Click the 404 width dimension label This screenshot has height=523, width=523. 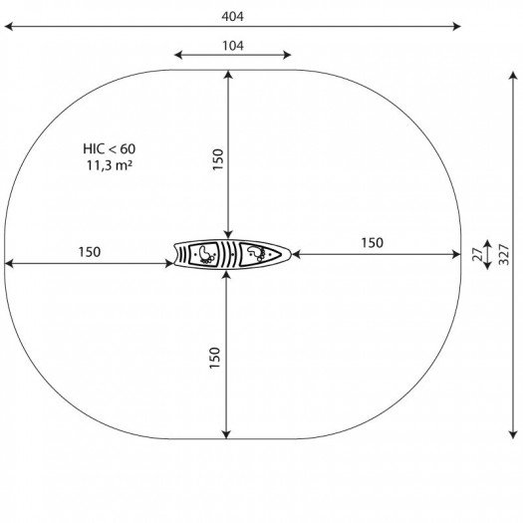point(232,16)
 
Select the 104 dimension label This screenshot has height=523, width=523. point(233,46)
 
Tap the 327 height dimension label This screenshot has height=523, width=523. point(504,254)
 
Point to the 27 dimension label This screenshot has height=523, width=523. point(478,254)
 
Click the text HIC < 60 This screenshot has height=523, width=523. point(110,148)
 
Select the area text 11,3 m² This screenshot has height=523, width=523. point(110,165)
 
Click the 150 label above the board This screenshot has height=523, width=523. point(217,159)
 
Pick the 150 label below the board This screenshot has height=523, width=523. point(215,358)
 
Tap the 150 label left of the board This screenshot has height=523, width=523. point(90,252)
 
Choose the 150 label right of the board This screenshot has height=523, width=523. point(373,243)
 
